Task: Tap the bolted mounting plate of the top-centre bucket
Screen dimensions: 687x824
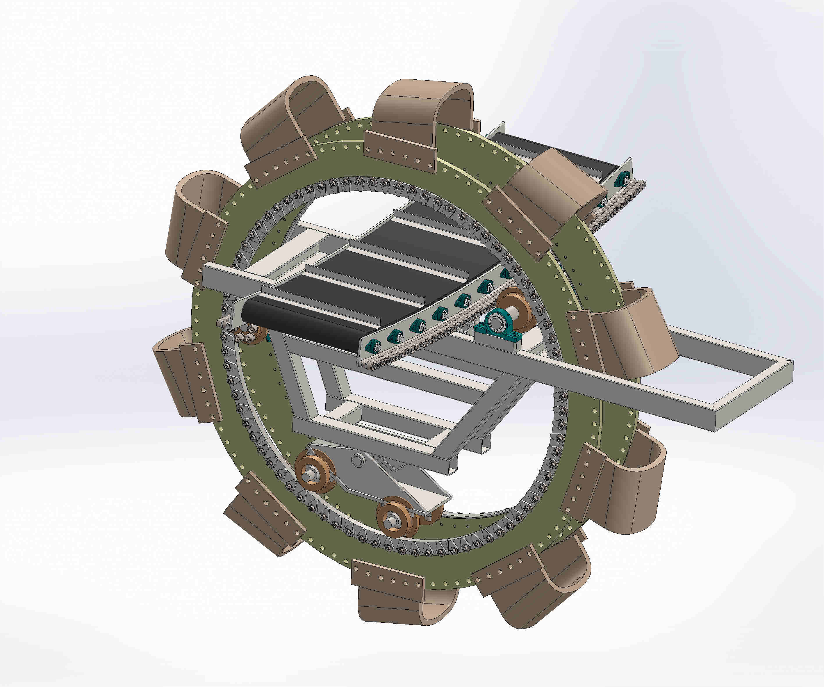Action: click(400, 152)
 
